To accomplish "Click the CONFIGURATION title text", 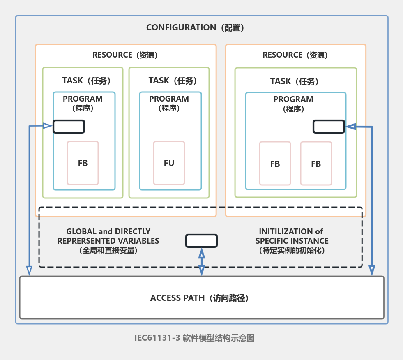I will [195, 28].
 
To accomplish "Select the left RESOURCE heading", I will [125, 55].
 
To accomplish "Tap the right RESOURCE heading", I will [295, 55].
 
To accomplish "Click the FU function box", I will [169, 163].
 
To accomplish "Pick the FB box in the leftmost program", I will [83, 163].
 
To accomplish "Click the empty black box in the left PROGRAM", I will [69, 127].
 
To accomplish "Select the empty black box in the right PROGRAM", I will [329, 127].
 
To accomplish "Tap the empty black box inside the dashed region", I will [201, 241].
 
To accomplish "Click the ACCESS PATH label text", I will [200, 298].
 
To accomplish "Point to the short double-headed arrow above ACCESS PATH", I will [201, 261].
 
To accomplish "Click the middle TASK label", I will [173, 81].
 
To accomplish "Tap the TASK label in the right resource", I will [295, 81].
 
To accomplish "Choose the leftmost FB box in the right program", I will [275, 164].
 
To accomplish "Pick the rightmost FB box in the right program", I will [316, 164].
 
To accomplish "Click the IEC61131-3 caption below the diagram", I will [195, 338].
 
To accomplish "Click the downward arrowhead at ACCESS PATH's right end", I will [372, 270].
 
